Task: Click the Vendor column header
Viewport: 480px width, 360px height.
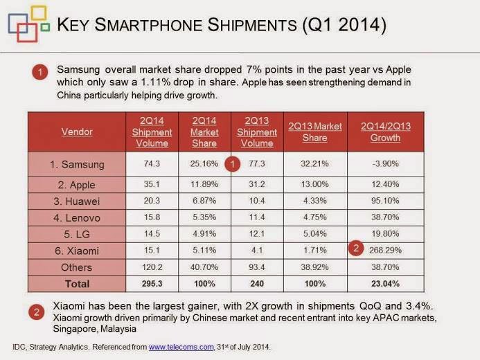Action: pyautogui.click(x=77, y=131)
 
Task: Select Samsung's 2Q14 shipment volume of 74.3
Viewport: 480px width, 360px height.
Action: pyautogui.click(x=151, y=165)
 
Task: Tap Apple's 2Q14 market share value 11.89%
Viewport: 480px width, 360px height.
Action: pyautogui.click(x=204, y=186)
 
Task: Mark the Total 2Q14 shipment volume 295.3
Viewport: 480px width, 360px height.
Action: pyautogui.click(x=151, y=283)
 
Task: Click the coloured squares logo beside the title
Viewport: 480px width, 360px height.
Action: pyautogui.click(x=24, y=25)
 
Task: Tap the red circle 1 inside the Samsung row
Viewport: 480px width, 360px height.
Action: pyautogui.click(x=233, y=164)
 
